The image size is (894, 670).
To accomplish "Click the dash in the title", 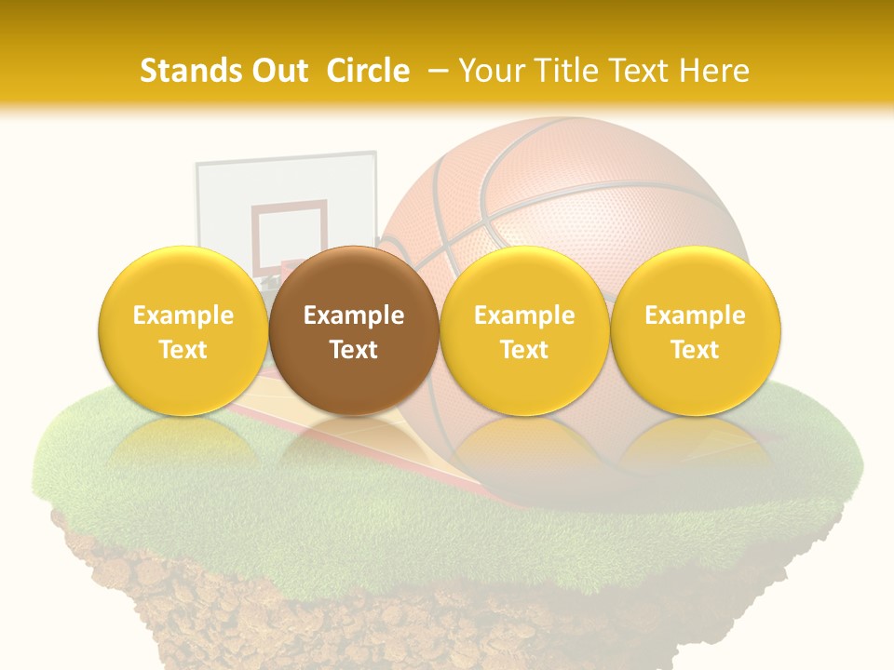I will pyautogui.click(x=437, y=71).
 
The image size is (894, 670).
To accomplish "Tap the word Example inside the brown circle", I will pyautogui.click(x=354, y=315).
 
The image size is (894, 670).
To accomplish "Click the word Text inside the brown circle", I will pyautogui.click(x=354, y=350).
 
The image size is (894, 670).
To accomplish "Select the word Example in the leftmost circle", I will pyautogui.click(x=183, y=315).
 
